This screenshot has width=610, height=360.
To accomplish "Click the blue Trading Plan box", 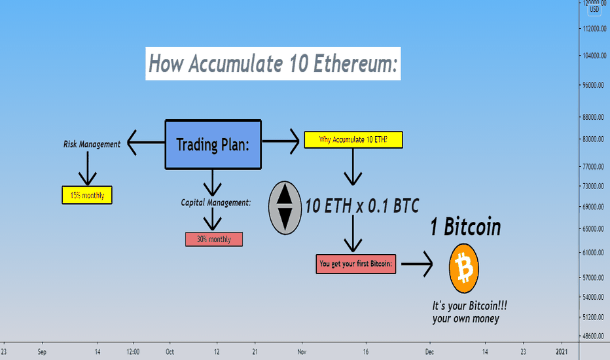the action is click(213, 145).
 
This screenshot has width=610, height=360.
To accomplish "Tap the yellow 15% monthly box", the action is click(87, 195).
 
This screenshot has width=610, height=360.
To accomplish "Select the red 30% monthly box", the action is click(214, 239).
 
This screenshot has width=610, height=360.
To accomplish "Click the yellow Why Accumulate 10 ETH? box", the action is click(353, 139).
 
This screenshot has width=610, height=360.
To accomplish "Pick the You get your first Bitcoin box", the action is click(356, 264).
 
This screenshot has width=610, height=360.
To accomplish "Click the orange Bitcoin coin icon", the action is click(464, 268).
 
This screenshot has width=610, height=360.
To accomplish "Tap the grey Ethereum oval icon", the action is click(285, 208).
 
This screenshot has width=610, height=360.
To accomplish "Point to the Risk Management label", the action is click(92, 144).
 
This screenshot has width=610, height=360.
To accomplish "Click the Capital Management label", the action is click(216, 202).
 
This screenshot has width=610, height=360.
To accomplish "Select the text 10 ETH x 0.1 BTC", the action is click(362, 206).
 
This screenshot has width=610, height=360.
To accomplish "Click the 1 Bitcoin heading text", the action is click(465, 227).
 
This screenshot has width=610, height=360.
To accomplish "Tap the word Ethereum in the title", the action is click(355, 63).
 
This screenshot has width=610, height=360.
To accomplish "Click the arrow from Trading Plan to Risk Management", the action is click(146, 143).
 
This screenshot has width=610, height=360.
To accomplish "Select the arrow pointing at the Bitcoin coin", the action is click(417, 264).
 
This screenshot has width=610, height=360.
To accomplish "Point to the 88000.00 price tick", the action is click(593, 117).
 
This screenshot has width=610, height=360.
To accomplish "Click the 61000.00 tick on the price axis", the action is click(593, 253).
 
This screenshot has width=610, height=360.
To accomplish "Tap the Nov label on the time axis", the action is click(302, 352).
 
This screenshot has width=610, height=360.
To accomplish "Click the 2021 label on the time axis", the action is click(562, 352).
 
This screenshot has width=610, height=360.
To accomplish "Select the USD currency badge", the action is click(594, 9).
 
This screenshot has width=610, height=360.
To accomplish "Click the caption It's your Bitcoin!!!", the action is click(469, 306).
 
